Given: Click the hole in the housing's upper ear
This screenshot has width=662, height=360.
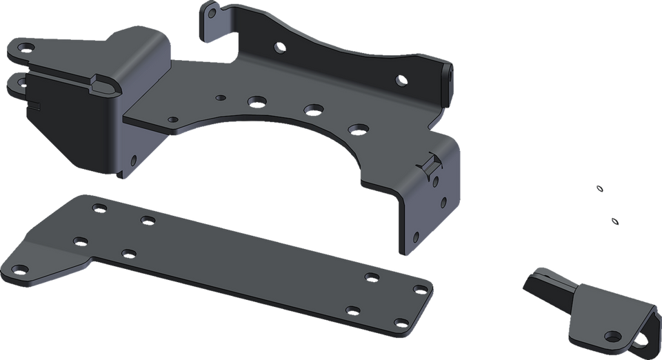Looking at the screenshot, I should pyautogui.click(x=26, y=48).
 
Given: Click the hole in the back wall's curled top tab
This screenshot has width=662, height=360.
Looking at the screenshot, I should pyautogui.click(x=212, y=12).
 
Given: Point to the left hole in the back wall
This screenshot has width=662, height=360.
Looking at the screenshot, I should pyautogui.click(x=279, y=48).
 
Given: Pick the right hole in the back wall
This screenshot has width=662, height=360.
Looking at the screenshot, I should pyautogui.click(x=401, y=81).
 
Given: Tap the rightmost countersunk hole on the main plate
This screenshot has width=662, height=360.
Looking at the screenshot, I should pyautogui.click(x=357, y=128).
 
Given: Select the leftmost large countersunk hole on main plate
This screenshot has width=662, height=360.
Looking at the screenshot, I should pyautogui.click(x=257, y=101).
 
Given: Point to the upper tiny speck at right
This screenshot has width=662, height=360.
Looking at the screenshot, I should pyautogui.click(x=599, y=187).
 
